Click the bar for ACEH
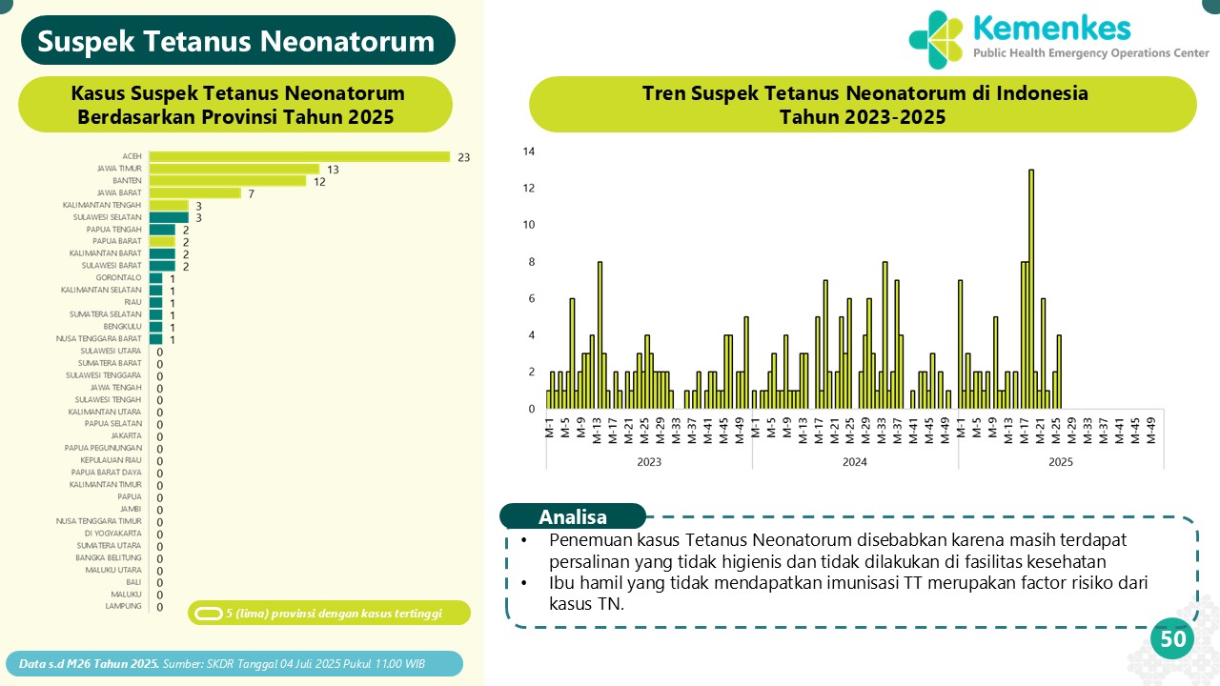click(x=299, y=157)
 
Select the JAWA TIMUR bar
click(x=234, y=169)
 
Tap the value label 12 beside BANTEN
click(x=319, y=182)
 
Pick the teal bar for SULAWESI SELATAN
click(x=169, y=218)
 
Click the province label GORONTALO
click(x=118, y=277)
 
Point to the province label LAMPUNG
click(x=123, y=606)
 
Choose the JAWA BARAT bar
click(x=195, y=193)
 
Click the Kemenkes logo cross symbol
click(x=936, y=40)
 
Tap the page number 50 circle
click(x=1172, y=638)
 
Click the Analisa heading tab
click(x=573, y=516)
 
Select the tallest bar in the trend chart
click(x=1031, y=289)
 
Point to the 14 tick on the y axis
click(x=529, y=151)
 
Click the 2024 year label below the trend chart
click(x=855, y=462)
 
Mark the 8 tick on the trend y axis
click(x=532, y=262)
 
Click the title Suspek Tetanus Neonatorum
click(x=235, y=41)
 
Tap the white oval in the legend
click(x=209, y=614)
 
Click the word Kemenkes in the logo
click(x=1052, y=29)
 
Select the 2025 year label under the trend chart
click(x=1061, y=462)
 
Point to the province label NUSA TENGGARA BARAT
click(x=98, y=338)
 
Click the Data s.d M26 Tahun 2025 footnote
click(x=90, y=664)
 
